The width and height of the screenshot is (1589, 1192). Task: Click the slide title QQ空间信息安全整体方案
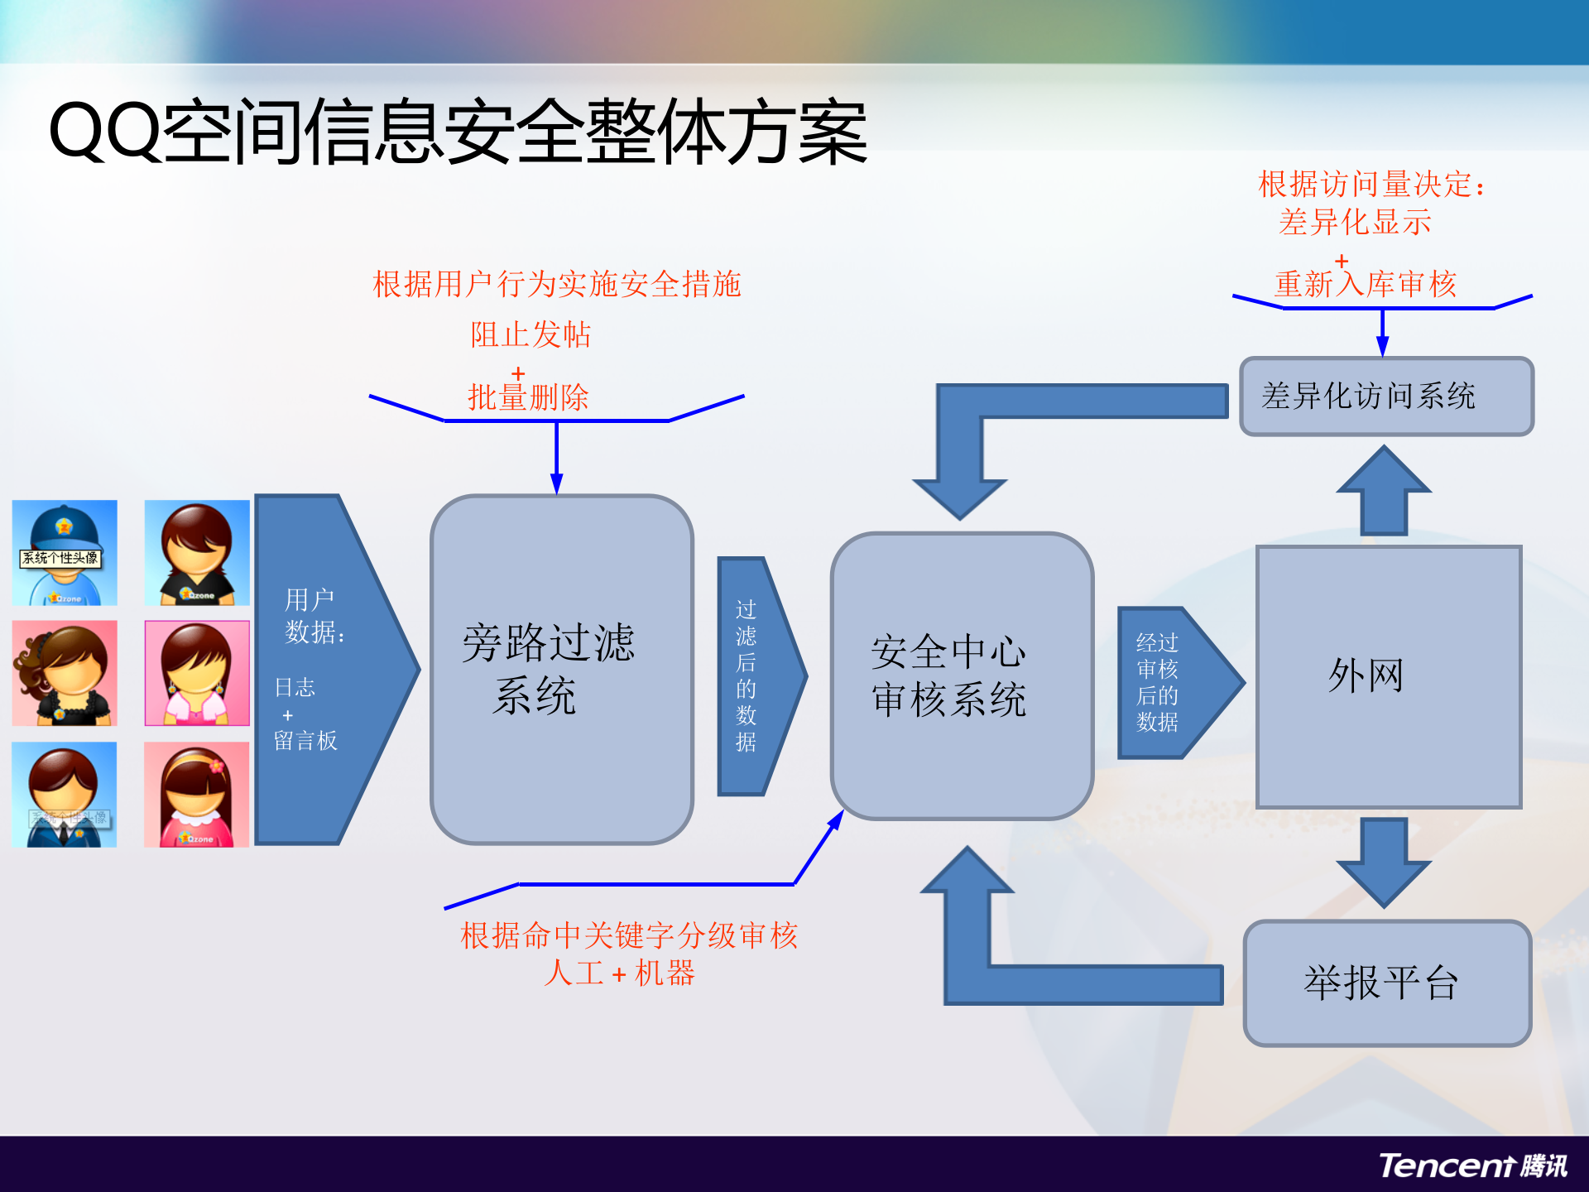tap(458, 132)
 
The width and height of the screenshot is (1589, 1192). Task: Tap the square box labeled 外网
tap(1388, 675)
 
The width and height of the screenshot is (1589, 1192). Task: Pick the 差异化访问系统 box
tap(1386, 396)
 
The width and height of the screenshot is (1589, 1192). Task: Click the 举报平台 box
tap(1386, 983)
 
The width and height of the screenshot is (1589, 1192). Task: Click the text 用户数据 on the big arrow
tap(313, 615)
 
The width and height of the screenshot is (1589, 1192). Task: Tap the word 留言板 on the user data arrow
tap(305, 740)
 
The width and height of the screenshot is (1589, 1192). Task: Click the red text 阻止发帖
tap(530, 334)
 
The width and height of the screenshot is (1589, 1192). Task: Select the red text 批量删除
tap(528, 397)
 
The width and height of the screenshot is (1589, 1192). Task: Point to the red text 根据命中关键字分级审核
tap(629, 935)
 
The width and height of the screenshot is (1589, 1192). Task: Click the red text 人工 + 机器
tap(619, 973)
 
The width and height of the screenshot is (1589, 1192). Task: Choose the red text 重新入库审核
tap(1366, 285)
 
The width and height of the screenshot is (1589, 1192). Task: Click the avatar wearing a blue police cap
tap(65, 552)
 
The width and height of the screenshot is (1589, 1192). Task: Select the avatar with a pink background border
tap(197, 673)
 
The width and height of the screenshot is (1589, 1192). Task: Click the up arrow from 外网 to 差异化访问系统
tap(1384, 490)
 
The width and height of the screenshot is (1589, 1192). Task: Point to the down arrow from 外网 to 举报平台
tap(1384, 861)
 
